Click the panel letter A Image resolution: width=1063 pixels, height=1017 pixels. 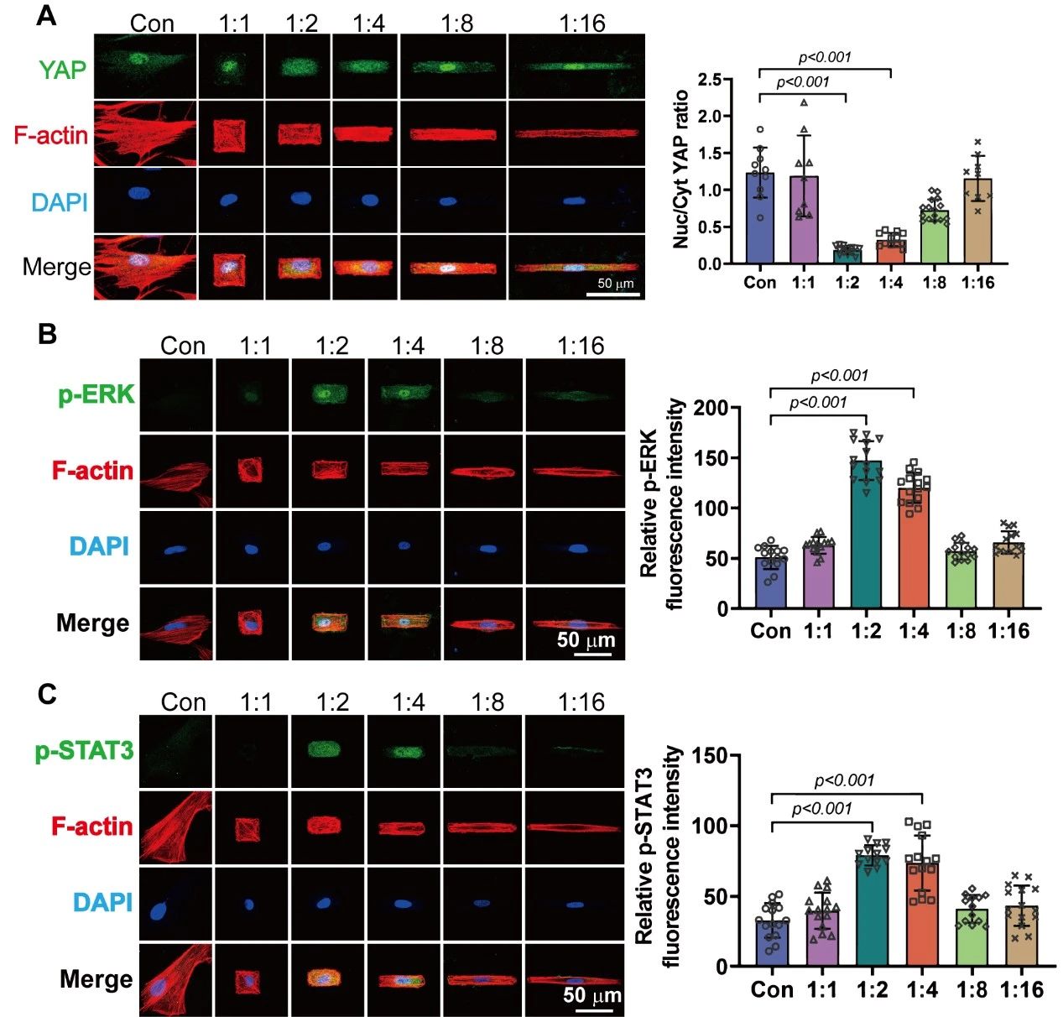[x=47, y=15]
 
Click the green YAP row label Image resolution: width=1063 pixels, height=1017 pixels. [x=62, y=69]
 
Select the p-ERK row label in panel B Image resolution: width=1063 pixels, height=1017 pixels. [x=96, y=394]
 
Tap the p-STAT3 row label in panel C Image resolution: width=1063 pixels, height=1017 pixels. [x=84, y=750]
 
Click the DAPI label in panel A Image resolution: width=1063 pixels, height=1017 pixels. [x=59, y=201]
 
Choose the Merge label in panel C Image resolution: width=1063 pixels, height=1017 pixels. [x=96, y=978]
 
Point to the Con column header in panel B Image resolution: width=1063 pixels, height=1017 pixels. [x=183, y=346]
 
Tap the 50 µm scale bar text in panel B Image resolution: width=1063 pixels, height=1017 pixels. [x=586, y=640]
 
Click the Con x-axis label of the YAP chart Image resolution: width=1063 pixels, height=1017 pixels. [x=760, y=283]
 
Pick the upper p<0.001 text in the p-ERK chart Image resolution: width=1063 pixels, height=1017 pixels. [x=840, y=375]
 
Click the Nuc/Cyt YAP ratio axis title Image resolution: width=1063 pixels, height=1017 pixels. [x=680, y=169]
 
